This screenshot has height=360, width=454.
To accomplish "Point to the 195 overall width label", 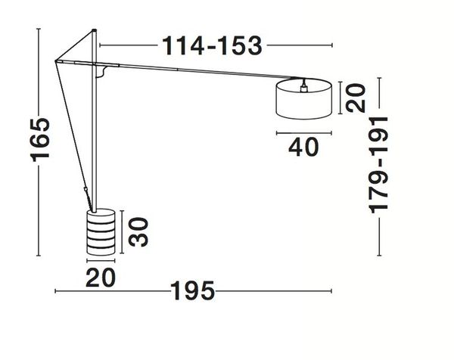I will pyautogui.click(x=192, y=291).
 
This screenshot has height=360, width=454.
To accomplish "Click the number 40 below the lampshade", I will pyautogui.click(x=303, y=147).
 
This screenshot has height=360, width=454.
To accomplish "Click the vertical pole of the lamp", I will pyautogui.click(x=95, y=136).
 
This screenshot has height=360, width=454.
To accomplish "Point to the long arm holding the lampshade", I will pyautogui.click(x=189, y=69).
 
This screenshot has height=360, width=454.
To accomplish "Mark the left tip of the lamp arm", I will pyautogui.click(x=55, y=62).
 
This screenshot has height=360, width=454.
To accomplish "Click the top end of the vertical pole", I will pyautogui.click(x=95, y=32).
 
